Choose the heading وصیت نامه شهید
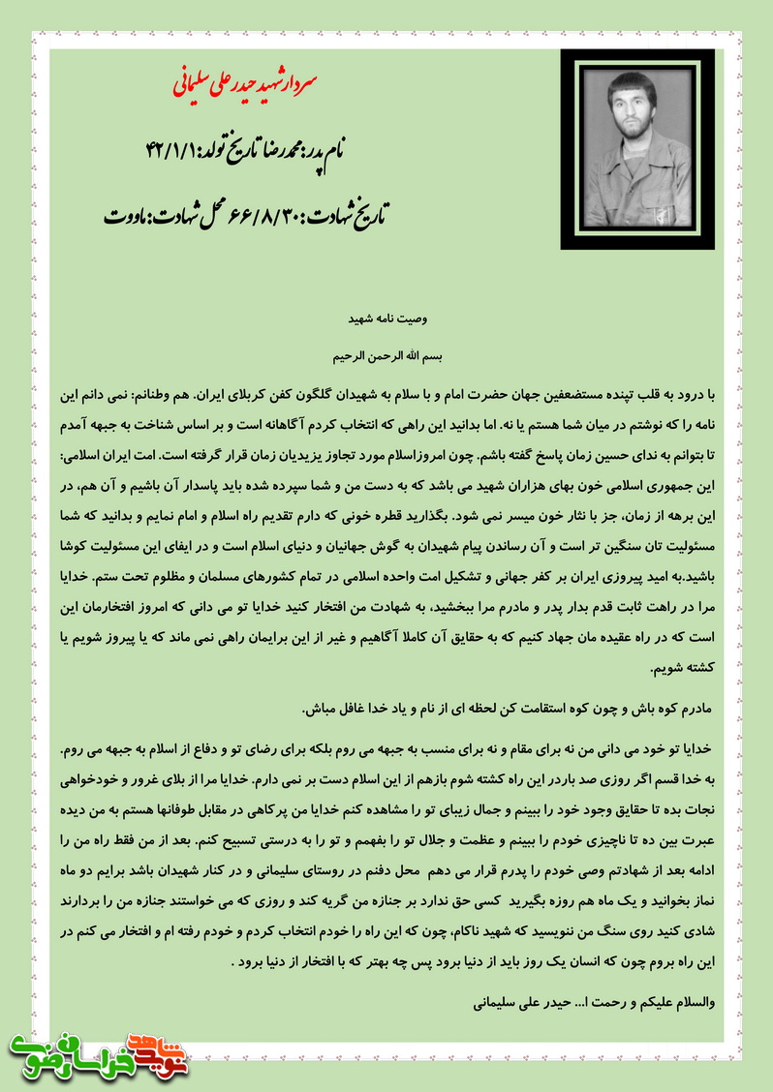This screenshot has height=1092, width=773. (x=386, y=318)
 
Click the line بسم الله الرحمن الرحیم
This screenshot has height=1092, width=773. (x=386, y=355)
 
